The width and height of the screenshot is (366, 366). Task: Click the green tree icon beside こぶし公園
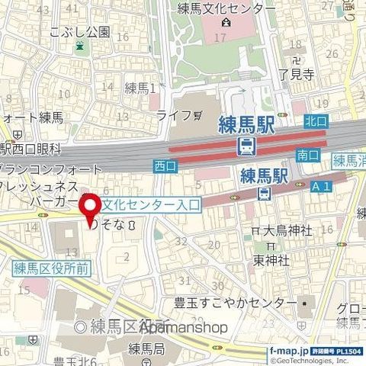tap(80, 47)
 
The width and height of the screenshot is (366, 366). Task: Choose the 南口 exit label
tap(308, 155)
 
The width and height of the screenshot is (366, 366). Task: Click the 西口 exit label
tap(164, 165)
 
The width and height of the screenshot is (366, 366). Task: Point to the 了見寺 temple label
tap(297, 74)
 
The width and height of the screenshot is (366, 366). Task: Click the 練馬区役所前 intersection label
tap(52, 267)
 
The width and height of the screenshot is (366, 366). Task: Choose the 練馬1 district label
tap(140, 88)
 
